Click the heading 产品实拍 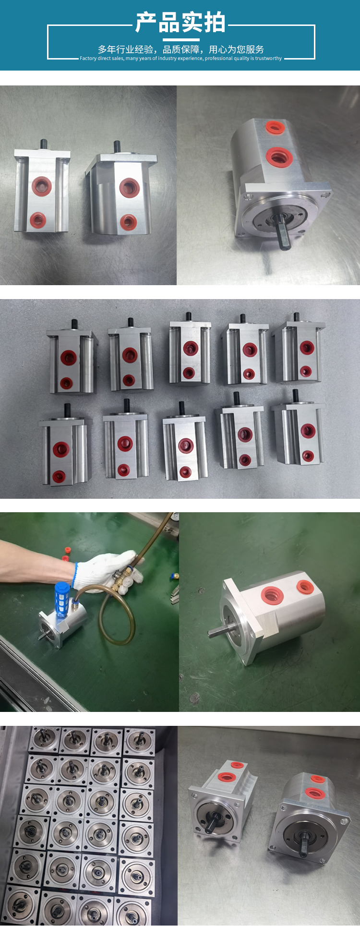(180, 23)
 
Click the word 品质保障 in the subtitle (181, 49)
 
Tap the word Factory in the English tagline (88, 59)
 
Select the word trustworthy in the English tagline (268, 59)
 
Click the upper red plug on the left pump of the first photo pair (41, 184)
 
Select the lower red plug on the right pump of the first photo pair (128, 221)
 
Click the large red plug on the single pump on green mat (272, 595)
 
